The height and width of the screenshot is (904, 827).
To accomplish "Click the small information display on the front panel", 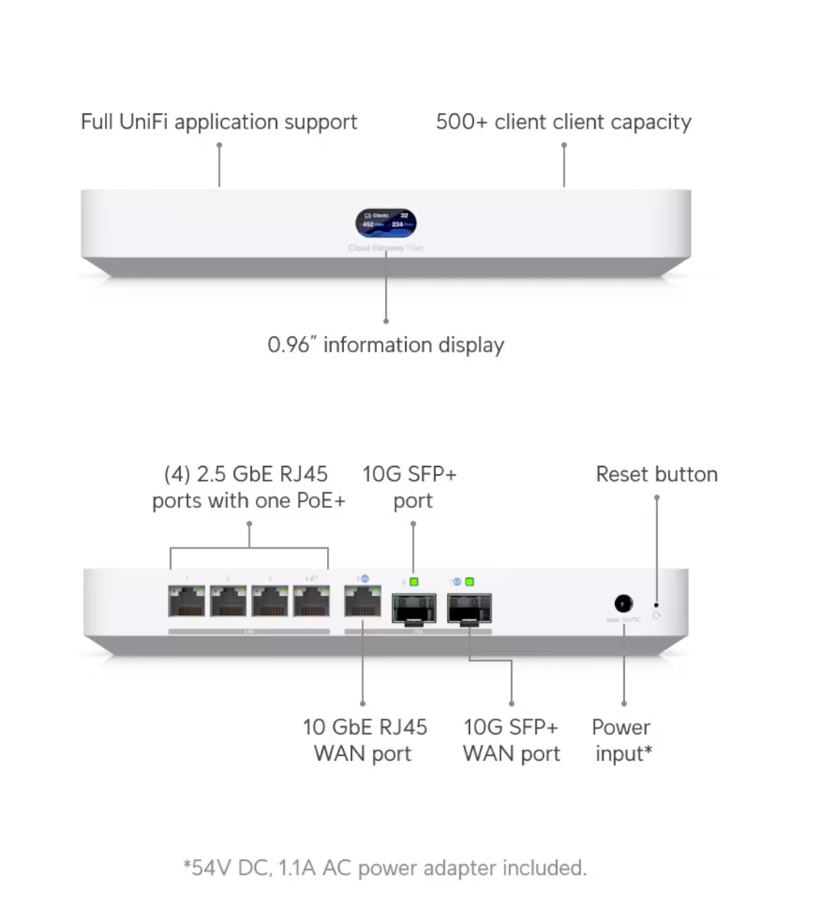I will click(x=386, y=223).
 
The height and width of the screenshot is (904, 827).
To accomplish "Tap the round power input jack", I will click(x=623, y=604).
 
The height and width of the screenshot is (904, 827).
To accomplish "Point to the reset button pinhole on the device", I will click(x=656, y=604).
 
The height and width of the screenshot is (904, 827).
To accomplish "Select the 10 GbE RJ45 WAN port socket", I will click(x=363, y=602).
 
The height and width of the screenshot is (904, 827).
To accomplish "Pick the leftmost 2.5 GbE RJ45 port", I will click(x=187, y=602).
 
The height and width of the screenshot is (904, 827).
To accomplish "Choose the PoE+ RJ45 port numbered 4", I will click(x=312, y=602).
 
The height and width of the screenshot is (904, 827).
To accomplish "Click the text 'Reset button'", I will click(x=656, y=474).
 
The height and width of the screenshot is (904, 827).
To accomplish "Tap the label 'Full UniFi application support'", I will click(x=219, y=122).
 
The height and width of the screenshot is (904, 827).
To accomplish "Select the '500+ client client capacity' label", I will click(x=564, y=122).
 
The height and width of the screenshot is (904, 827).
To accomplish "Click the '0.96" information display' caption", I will click(x=386, y=345).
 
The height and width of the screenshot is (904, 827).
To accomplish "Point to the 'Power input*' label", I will click(x=623, y=740).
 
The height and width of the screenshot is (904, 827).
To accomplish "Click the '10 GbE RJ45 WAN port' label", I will click(x=364, y=740).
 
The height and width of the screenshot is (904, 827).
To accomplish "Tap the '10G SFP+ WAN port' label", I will click(x=512, y=740).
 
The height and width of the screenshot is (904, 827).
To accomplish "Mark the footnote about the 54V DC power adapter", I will click(x=385, y=868).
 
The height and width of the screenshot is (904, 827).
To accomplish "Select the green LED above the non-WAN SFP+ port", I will click(x=413, y=582).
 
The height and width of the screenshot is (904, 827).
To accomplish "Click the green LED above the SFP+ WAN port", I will click(x=469, y=582).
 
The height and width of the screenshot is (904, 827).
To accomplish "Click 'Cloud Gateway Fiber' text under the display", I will click(x=386, y=248).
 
